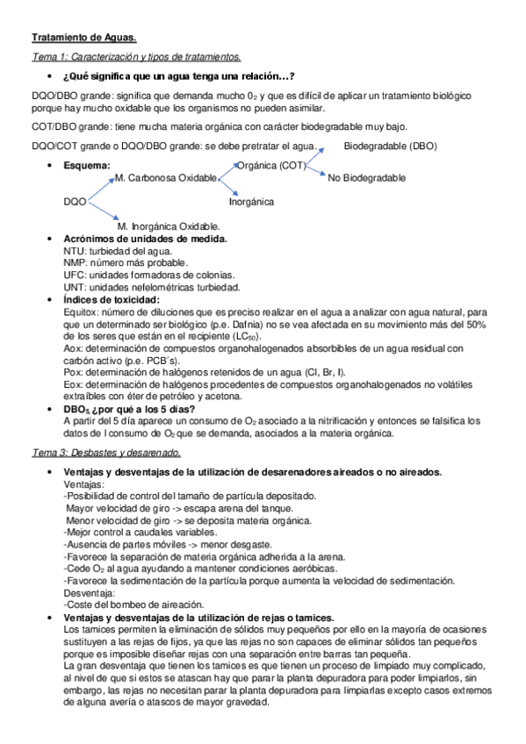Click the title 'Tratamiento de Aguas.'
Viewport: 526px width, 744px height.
point(84,38)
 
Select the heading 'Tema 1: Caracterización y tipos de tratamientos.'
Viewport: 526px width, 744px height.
point(135,57)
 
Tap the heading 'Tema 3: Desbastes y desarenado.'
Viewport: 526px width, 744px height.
point(105,453)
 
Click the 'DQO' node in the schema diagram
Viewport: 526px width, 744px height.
point(75,202)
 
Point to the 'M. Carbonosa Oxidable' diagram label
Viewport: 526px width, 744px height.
point(166,179)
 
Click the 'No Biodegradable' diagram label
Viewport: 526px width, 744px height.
point(366,178)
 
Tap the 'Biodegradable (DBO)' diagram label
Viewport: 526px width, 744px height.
point(390,146)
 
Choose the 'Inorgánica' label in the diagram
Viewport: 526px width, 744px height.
point(251,202)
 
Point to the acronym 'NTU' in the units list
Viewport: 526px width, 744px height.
point(75,251)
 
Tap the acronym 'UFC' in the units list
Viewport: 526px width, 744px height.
point(76,275)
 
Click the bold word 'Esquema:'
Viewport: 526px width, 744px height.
point(87,165)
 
